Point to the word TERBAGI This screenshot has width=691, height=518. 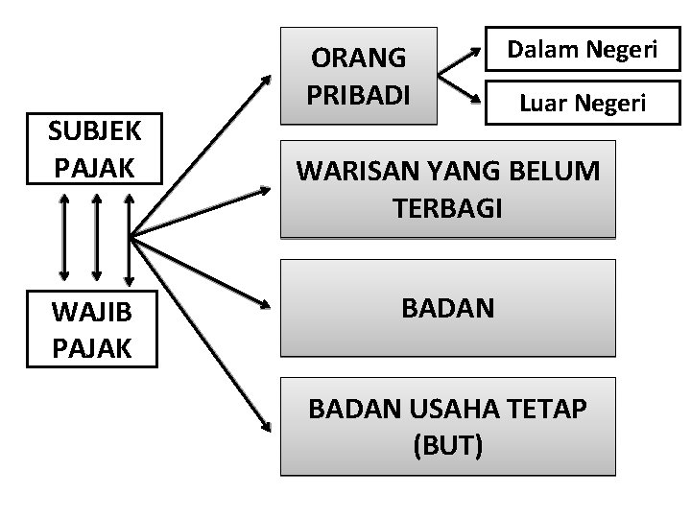[447, 209]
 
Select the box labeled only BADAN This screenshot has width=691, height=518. [447, 309]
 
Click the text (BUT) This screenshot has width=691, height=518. [447, 446]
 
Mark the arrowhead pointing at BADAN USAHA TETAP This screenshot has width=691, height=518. [268, 438]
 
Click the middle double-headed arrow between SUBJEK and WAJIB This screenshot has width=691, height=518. [96, 237]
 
